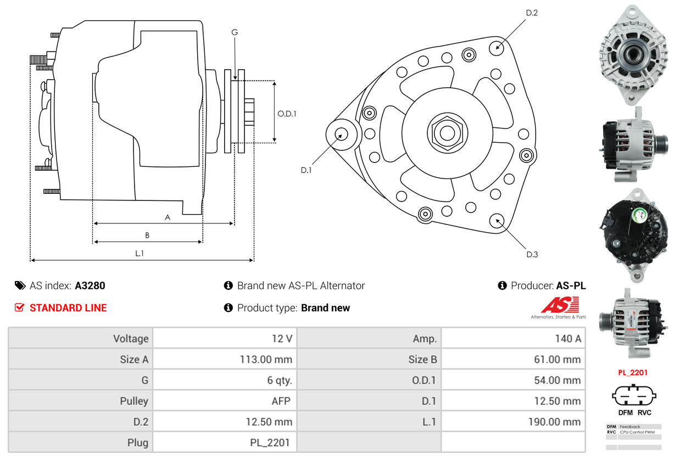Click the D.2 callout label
coord(531,13)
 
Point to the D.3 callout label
coord(532,254)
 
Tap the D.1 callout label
coord(306,170)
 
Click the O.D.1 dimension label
coord(287,114)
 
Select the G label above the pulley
coord(235,32)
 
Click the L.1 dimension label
coord(140,253)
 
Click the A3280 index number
coord(90,285)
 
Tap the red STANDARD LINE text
coord(68,308)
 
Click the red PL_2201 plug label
coord(633,372)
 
